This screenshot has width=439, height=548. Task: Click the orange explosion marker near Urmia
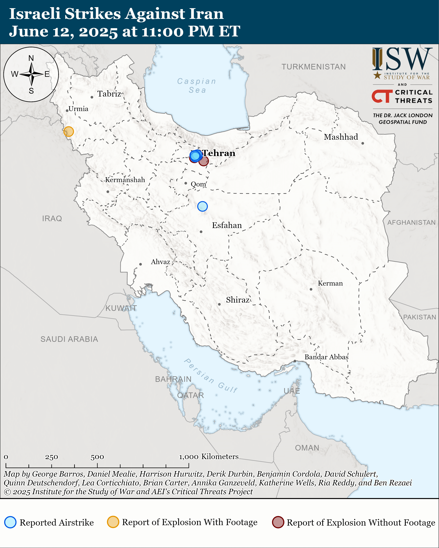click(68, 131)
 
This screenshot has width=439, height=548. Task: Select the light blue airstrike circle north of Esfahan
click(202, 206)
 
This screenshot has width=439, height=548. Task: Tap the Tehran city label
click(219, 153)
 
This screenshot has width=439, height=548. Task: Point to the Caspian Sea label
click(197, 86)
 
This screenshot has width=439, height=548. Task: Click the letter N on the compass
click(31, 58)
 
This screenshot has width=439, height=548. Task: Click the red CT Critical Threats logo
click(382, 96)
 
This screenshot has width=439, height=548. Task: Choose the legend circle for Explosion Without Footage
click(278, 522)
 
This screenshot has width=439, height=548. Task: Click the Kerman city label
click(330, 283)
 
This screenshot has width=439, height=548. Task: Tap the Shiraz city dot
click(219, 304)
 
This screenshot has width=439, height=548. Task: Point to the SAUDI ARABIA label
click(69, 339)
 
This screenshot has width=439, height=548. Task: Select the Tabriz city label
click(109, 94)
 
